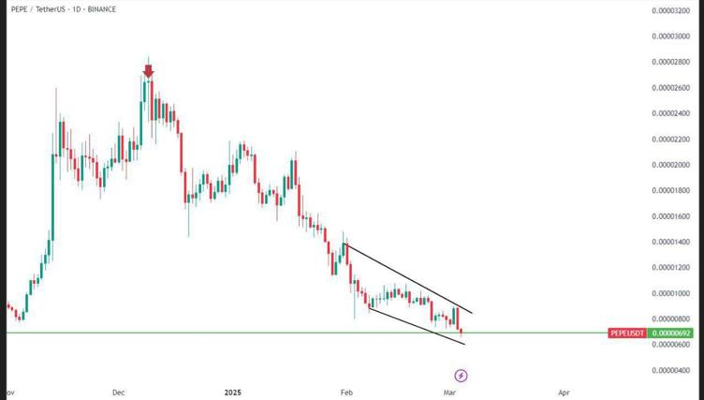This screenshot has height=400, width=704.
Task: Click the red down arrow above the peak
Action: coord(148,69)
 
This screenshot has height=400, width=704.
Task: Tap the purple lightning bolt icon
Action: coord(461,376)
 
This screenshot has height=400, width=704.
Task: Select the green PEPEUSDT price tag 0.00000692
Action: coord(673,333)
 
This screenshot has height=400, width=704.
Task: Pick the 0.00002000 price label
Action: coord(672,165)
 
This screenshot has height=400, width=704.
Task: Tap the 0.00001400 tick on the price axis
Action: coord(672,242)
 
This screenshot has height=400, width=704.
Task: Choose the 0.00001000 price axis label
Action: coord(672,293)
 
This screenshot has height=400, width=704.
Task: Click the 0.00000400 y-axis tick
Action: coord(672,370)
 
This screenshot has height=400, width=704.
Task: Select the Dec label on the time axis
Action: coord(118,393)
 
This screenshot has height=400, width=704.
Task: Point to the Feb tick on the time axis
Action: coord(347,393)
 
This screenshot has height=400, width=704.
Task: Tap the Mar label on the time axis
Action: coord(449,393)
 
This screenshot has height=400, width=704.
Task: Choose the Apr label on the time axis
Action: coord(565,393)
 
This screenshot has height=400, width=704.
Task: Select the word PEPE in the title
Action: coord(20,9)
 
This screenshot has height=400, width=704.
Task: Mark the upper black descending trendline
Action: coord(407,278)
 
